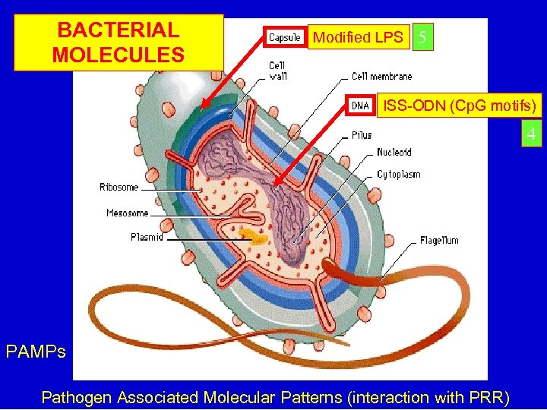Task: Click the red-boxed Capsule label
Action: pyautogui.click(x=285, y=37)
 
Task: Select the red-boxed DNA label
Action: pyautogui.click(x=360, y=106)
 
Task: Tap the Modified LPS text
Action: pyautogui.click(x=358, y=37)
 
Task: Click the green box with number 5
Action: pyautogui.click(x=422, y=37)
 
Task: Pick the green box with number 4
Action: pyautogui.click(x=532, y=135)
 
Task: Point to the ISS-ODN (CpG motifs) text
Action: pyautogui.click(x=460, y=105)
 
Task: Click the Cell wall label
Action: pyautogui.click(x=277, y=71)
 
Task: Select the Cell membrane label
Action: pyautogui.click(x=381, y=77)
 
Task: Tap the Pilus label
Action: pyautogui.click(x=362, y=135)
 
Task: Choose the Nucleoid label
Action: pyautogui.click(x=394, y=153)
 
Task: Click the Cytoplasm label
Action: pyautogui.click(x=398, y=175)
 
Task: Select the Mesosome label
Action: pyautogui.click(x=127, y=213)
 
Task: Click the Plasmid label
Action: pyautogui.click(x=147, y=238)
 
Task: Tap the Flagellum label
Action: pyautogui.click(x=439, y=241)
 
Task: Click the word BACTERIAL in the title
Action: pyautogui.click(x=119, y=30)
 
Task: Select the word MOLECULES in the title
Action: pyautogui.click(x=119, y=55)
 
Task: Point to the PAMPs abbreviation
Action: pyautogui.click(x=35, y=352)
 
